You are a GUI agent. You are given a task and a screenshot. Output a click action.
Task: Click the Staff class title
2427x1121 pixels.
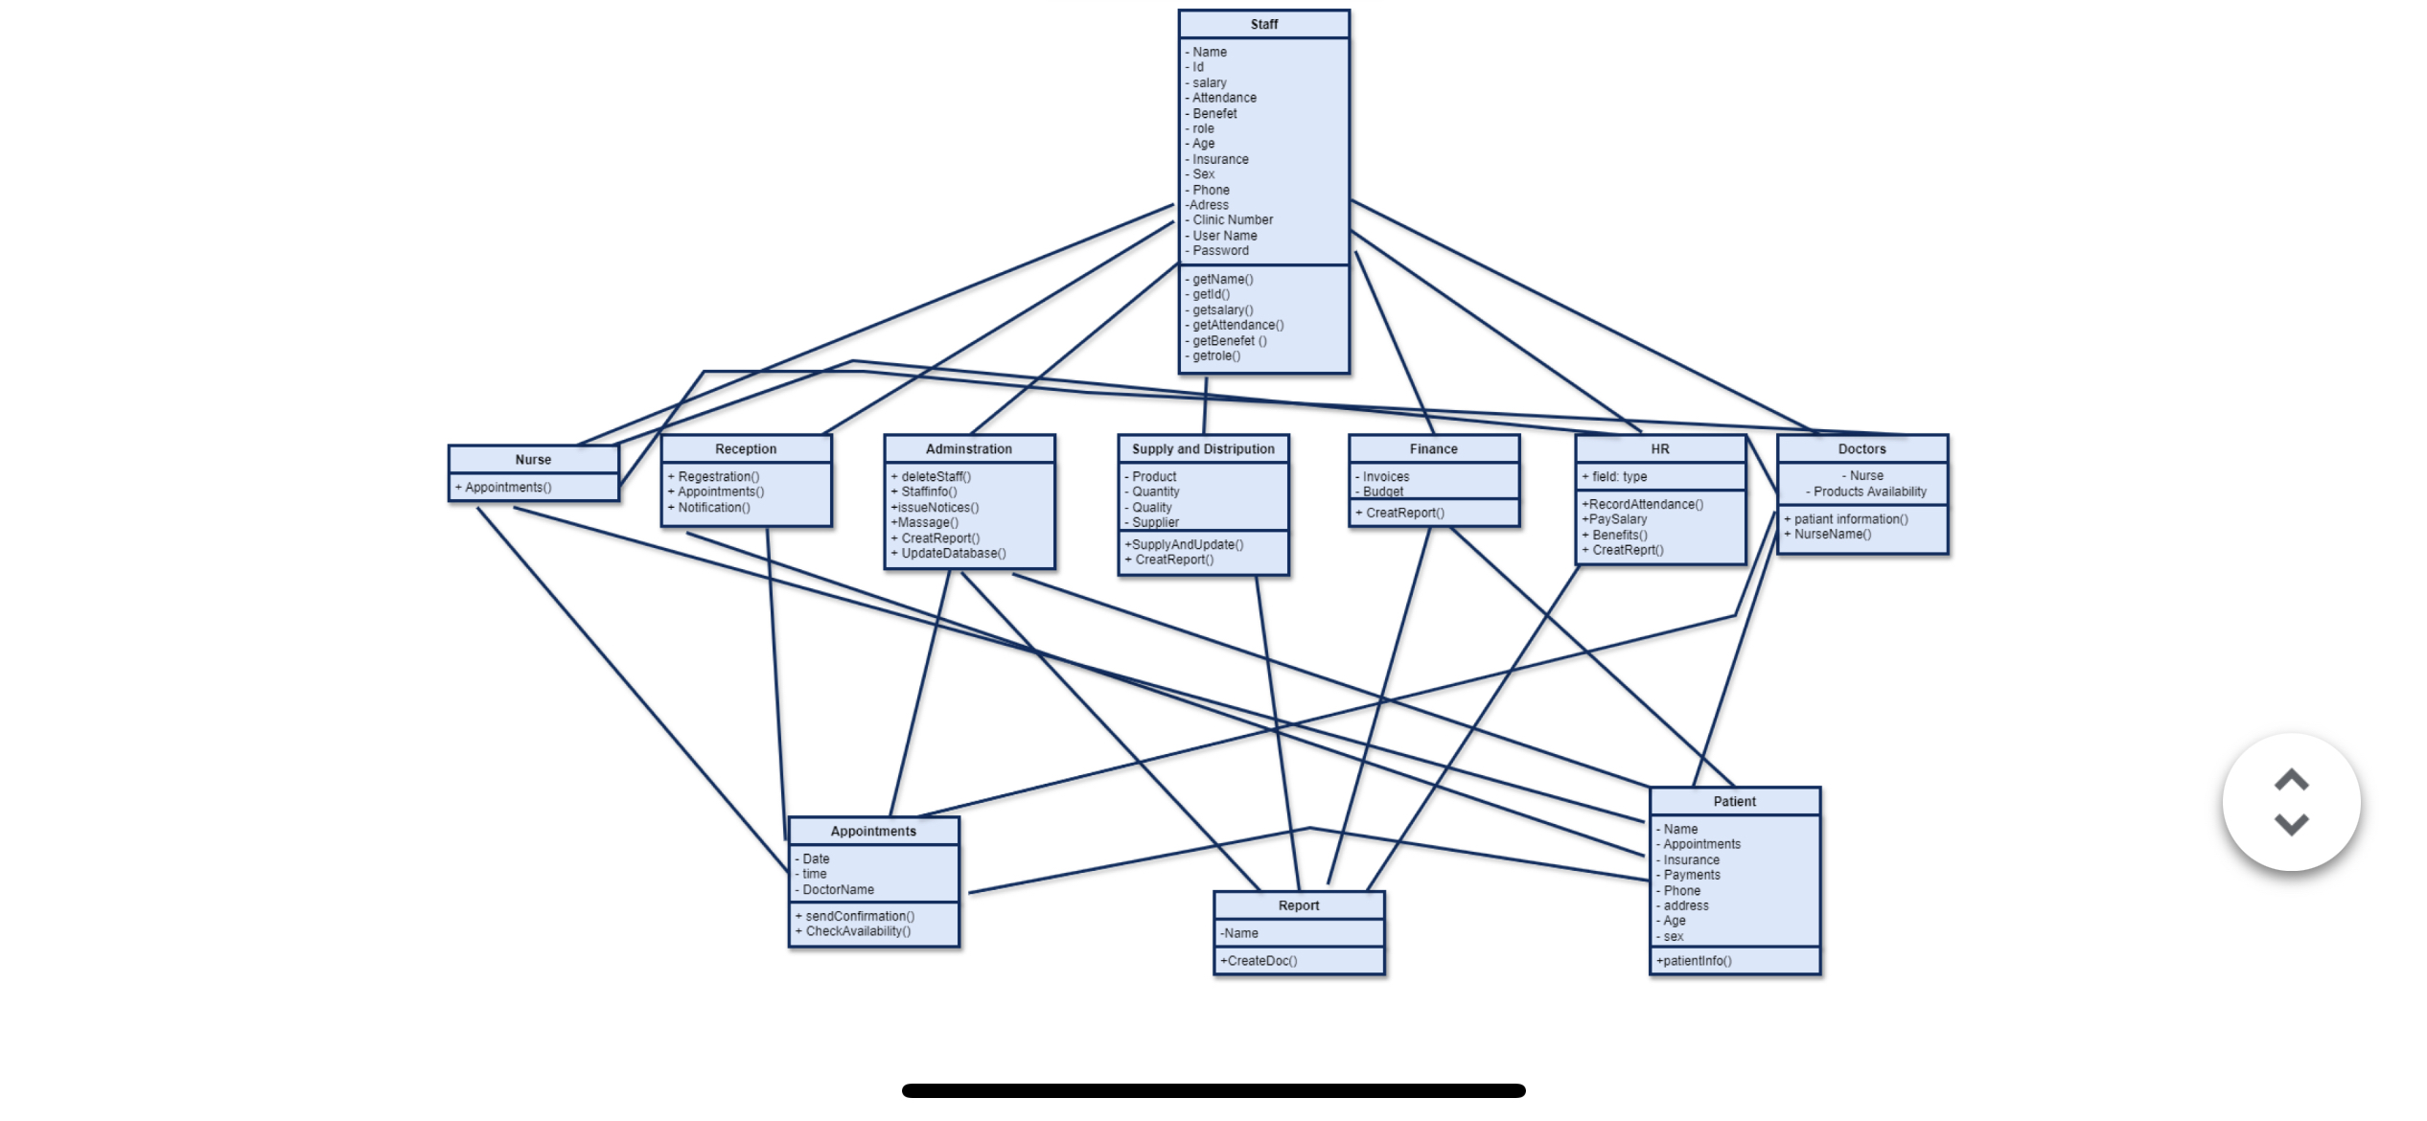1263,24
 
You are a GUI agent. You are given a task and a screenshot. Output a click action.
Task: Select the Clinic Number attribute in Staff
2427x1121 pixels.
1232,219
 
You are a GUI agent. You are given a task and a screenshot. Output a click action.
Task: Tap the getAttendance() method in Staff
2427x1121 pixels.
1237,325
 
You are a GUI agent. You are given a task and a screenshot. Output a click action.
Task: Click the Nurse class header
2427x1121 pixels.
533,460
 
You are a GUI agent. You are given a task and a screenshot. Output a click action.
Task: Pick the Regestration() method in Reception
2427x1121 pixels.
718,476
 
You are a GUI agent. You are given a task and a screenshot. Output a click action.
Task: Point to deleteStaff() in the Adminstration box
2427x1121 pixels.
935,476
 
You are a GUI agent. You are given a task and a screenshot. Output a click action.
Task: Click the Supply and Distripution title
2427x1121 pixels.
1203,448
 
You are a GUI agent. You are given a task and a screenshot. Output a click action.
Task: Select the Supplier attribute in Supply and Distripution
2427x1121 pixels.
1155,522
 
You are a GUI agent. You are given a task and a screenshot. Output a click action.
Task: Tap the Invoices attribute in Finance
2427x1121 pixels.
1385,476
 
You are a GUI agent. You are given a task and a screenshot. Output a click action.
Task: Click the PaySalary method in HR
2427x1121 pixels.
1617,519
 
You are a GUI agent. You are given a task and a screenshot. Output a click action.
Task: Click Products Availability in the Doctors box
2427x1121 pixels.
1869,492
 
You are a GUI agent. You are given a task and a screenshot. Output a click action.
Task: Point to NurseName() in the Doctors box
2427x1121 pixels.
1832,534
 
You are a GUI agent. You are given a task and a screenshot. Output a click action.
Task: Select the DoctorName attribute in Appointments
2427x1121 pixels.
838,889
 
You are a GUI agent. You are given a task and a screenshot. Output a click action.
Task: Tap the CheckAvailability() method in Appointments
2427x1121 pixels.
858,931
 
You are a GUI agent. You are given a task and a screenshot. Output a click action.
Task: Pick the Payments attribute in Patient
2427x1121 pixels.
1691,875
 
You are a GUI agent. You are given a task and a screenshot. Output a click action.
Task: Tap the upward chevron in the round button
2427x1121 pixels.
2291,781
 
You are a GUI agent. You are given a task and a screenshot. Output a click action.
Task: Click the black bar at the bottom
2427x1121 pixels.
1213,1090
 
